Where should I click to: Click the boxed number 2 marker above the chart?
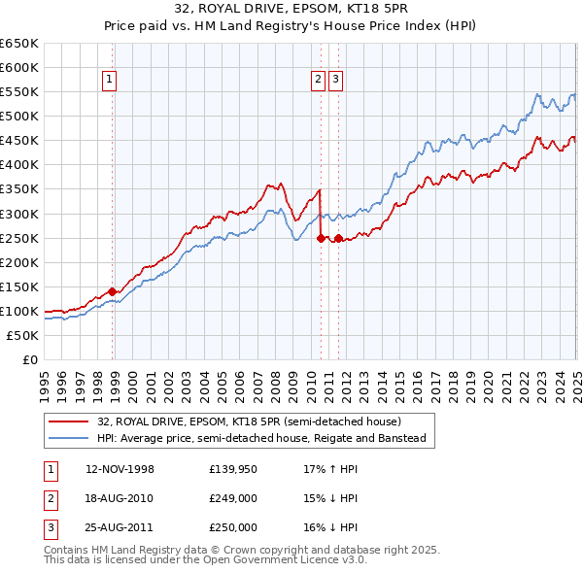[x=318, y=81]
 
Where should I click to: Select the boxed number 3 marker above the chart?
[x=335, y=81]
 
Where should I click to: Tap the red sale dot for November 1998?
[x=113, y=290]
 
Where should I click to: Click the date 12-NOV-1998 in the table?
[x=120, y=469]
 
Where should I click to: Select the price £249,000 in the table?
[x=233, y=498]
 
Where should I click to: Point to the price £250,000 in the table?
[x=233, y=527]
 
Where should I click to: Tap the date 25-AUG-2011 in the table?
[x=120, y=527]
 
